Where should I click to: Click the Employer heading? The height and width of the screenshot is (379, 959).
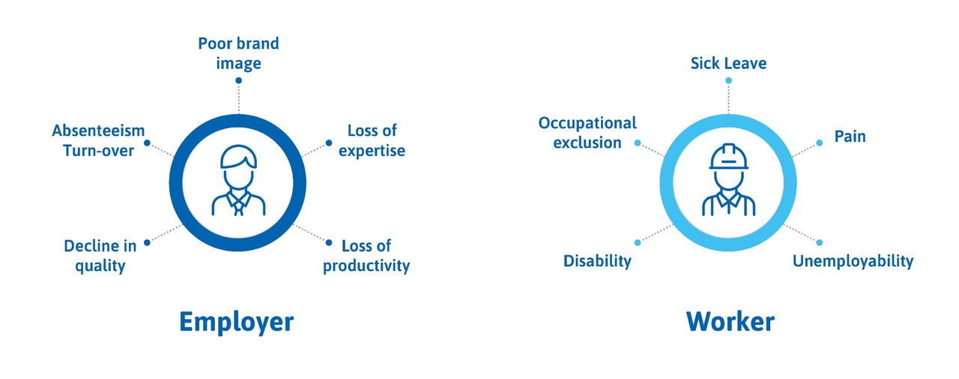pos(236,323)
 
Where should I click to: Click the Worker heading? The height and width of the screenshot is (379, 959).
pos(730,321)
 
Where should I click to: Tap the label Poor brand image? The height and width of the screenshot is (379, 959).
pos(238,53)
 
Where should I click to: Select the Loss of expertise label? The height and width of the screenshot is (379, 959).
pos(372,140)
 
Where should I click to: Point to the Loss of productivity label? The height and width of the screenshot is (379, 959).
pos(366,256)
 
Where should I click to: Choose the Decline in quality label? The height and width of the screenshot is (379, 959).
pos(100,256)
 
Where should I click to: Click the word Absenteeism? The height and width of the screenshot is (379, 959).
pos(98,131)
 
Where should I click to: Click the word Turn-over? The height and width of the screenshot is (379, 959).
pos(98,151)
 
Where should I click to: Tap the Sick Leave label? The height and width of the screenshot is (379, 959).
pos(728,64)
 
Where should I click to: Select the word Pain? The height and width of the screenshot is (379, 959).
pos(850,137)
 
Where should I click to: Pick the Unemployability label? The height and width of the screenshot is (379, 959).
pos(853,261)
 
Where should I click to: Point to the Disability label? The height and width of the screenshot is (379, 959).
pos(597,261)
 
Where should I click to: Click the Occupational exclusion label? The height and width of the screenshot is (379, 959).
pos(587,133)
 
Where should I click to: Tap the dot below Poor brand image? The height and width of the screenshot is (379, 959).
pos(238,80)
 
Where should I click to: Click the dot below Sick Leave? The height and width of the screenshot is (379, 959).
pos(729,80)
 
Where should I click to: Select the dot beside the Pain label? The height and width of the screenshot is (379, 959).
pos(820,143)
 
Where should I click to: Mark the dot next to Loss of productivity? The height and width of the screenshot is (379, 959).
pos(329,242)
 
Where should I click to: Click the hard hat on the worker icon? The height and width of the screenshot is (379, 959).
pos(729,157)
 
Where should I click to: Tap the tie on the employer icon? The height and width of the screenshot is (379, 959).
pos(238,206)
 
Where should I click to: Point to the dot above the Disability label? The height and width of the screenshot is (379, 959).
pos(638,242)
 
